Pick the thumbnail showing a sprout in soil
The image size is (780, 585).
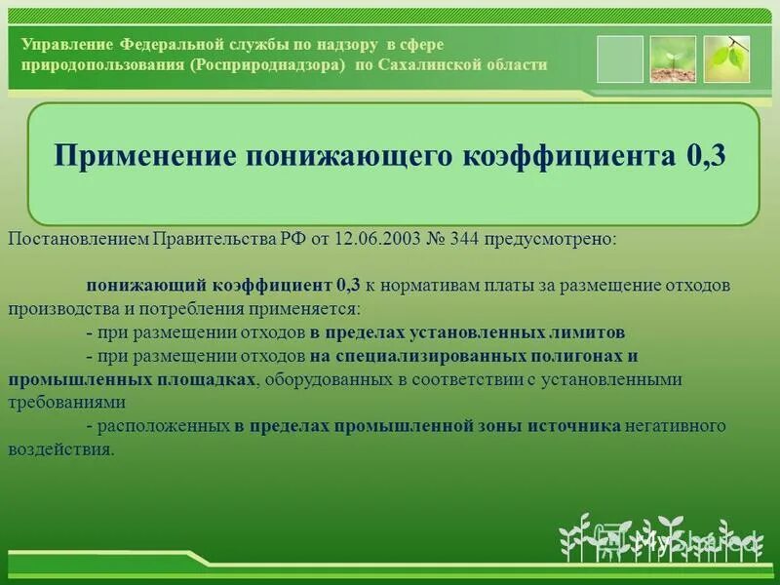point(673,59)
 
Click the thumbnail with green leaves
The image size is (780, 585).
point(726,59)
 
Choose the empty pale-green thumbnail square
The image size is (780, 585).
point(620,59)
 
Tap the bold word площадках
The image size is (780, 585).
point(201,378)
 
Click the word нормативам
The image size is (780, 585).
point(425,285)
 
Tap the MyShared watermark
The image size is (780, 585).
point(682,542)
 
